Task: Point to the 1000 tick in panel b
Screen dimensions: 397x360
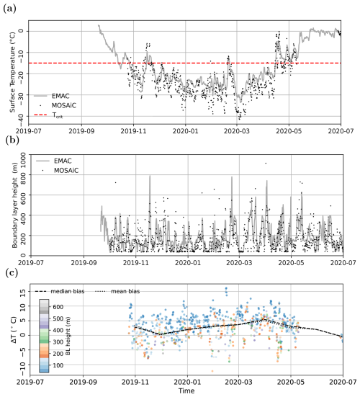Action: pyautogui.click(x=18, y=153)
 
